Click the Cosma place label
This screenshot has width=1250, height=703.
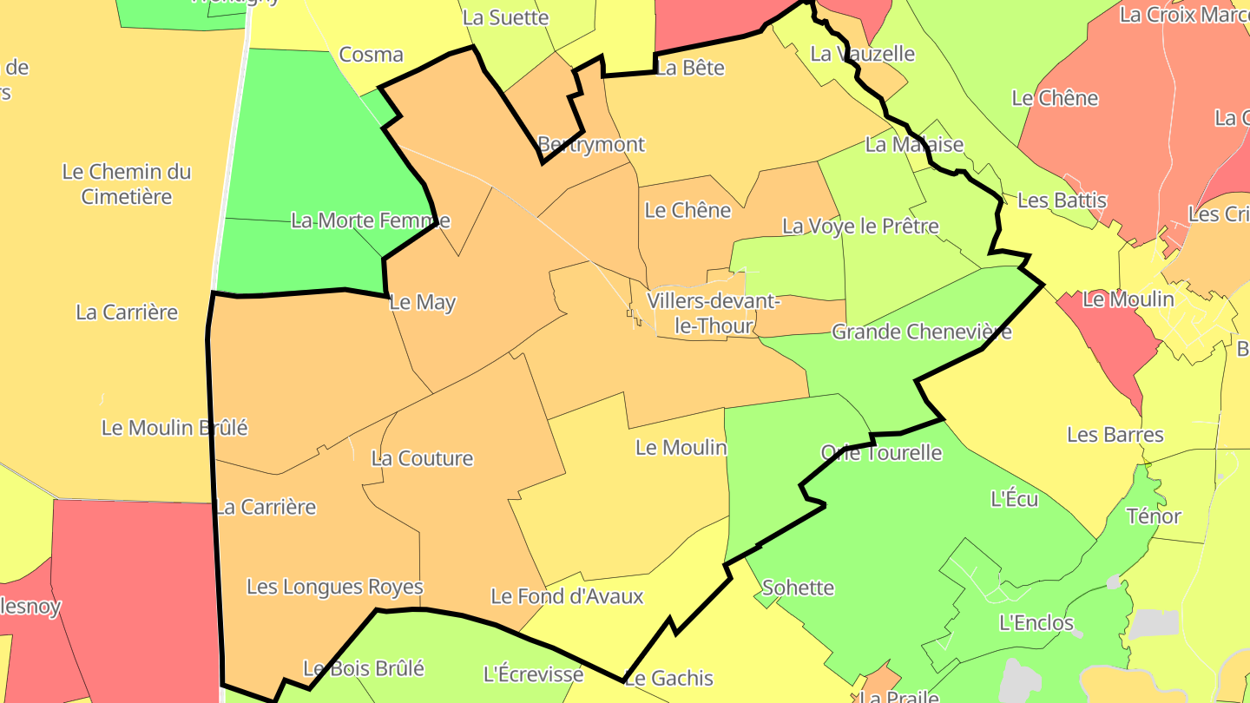[371, 55]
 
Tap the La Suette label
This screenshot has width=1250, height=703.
[505, 17]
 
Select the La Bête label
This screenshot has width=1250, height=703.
[689, 68]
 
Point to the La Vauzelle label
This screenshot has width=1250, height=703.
[862, 54]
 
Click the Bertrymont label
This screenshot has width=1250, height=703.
[591, 144]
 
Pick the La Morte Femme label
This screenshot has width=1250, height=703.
[371, 220]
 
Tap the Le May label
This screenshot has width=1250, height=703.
[423, 303]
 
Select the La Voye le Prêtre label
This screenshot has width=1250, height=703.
[860, 227]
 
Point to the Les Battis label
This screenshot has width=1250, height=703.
[1062, 200]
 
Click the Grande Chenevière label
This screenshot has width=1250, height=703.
[921, 332]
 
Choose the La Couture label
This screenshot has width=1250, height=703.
[422, 458]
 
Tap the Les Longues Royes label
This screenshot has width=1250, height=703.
[334, 587]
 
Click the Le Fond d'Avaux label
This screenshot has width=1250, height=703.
[567, 596]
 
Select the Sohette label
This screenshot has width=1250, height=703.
[798, 588]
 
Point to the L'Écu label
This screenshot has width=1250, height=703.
[1014, 499]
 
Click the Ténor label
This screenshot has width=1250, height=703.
[1154, 516]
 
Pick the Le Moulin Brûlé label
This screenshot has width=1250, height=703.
[174, 428]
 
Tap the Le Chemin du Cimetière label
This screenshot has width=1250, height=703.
[127, 184]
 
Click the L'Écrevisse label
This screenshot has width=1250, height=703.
[533, 674]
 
